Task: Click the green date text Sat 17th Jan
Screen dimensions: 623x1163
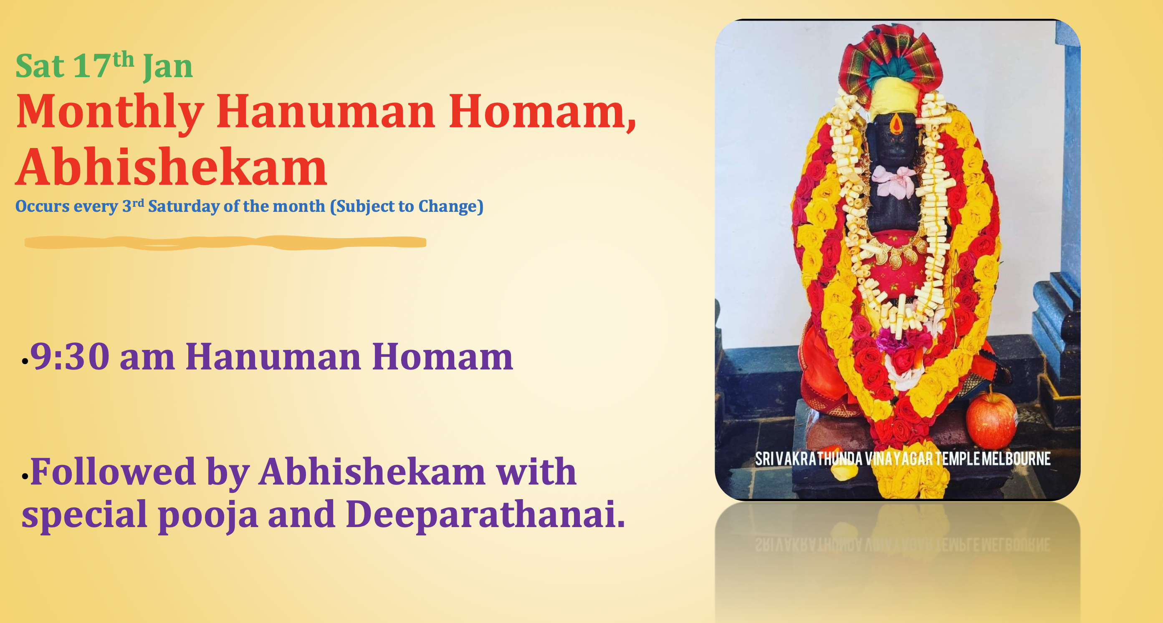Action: click(x=104, y=66)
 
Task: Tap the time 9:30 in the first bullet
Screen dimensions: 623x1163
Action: click(x=70, y=357)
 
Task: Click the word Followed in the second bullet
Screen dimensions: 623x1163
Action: click(x=113, y=472)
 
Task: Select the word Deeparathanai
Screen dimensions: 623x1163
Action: click(x=485, y=514)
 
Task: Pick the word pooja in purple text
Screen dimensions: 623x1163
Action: click(x=208, y=515)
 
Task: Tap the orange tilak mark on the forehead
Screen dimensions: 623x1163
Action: click(x=896, y=123)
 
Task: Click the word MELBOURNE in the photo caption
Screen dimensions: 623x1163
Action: click(x=1016, y=459)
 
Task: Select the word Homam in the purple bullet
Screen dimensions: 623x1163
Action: click(x=442, y=357)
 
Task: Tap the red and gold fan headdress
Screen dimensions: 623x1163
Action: click(x=890, y=54)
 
